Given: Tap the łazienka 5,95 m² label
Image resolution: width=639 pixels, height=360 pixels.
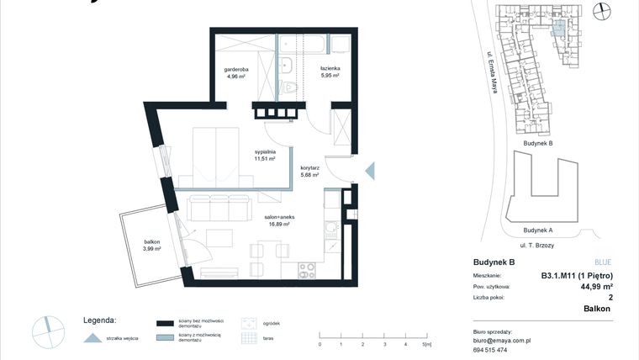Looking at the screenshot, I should click(329, 71).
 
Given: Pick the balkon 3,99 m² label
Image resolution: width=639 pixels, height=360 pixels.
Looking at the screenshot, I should click(151, 245).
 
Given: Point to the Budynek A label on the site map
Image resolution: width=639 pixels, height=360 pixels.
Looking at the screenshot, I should click(537, 230).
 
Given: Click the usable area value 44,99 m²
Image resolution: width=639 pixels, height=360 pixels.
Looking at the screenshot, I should click(595, 286).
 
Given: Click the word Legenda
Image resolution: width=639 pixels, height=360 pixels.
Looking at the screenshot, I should click(99, 320).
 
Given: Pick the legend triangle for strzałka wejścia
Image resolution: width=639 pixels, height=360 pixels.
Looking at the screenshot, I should click(91, 338).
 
